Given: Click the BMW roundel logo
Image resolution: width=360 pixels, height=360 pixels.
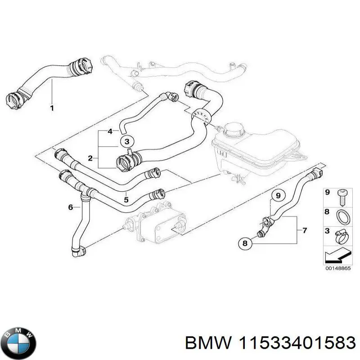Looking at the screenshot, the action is [x=20, y=343].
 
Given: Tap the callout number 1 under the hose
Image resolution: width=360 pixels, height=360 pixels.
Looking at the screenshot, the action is [x=52, y=108].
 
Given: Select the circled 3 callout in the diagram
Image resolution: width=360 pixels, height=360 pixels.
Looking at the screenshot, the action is [x=127, y=141].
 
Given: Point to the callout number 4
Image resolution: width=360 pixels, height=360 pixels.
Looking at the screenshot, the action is [x=110, y=131].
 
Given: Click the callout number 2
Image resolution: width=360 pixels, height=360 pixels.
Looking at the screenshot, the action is [x=90, y=158].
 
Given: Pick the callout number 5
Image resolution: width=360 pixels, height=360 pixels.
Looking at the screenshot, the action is [x=126, y=199].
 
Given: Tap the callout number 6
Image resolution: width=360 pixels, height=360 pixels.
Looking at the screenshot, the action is [x=71, y=207].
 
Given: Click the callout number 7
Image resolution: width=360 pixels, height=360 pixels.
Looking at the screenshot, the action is [x=305, y=230].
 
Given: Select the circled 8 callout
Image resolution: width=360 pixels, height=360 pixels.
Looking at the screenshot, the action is [x=245, y=243].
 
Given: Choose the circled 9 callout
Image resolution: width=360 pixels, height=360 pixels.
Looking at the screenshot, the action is [x=278, y=196].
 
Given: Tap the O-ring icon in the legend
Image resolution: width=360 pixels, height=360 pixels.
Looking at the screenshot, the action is [x=343, y=217].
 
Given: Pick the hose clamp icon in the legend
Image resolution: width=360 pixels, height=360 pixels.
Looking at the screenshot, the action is [x=342, y=237].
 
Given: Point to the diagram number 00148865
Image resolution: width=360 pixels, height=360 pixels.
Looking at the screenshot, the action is [x=338, y=268].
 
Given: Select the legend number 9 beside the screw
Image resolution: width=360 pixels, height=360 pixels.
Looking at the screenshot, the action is [x=328, y=192].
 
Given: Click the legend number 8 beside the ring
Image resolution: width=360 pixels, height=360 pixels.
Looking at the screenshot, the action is [x=328, y=211].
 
